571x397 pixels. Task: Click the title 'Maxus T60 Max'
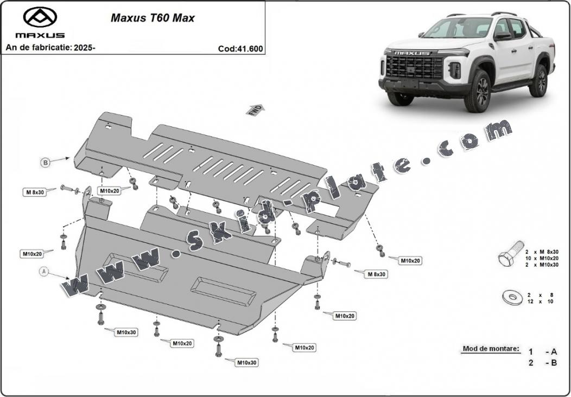153,18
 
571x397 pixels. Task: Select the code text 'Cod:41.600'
240,48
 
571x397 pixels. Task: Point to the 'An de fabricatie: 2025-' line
50,48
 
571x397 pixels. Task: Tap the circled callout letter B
46,162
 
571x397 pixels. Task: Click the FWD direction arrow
255,110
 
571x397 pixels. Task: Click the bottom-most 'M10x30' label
246,362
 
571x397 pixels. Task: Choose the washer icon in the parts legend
510,297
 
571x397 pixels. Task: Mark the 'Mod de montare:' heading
490,349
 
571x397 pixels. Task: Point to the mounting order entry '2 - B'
543,363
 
